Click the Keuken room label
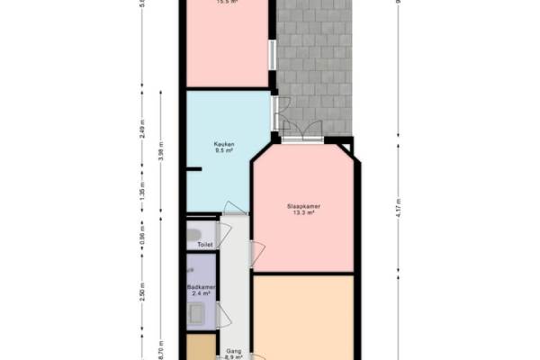(225, 145)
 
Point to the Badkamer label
(200, 287)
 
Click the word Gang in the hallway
(233, 349)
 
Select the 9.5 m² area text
(225, 152)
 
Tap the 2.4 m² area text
(200, 293)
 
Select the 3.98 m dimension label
(160, 152)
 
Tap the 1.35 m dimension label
(142, 192)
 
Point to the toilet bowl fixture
(193, 236)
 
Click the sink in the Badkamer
(196, 312)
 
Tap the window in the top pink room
(272, 52)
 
